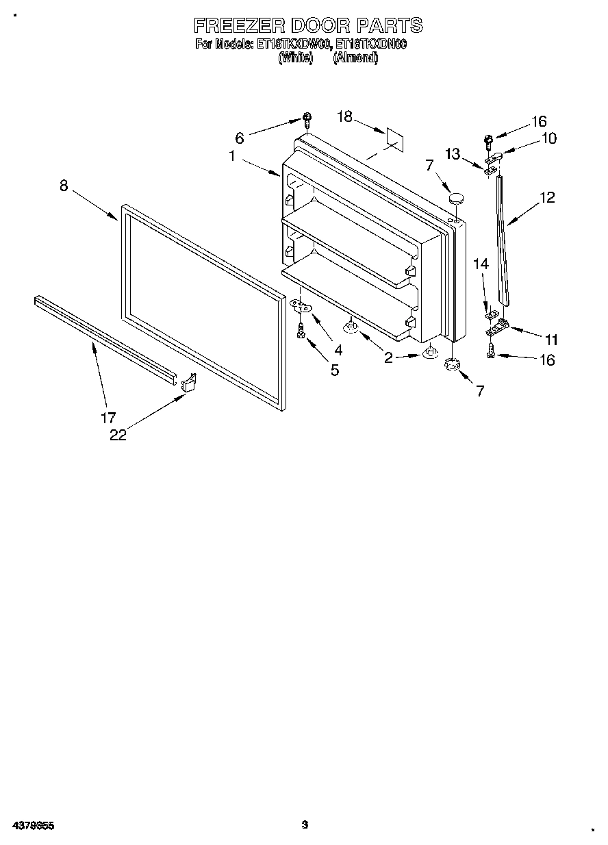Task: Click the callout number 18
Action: pyautogui.click(x=344, y=117)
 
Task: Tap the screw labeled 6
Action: pyautogui.click(x=307, y=121)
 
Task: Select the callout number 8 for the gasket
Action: pyautogui.click(x=64, y=185)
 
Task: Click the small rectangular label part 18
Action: pyautogui.click(x=394, y=138)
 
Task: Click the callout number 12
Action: pyautogui.click(x=546, y=197)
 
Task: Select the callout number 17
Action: pyautogui.click(x=109, y=417)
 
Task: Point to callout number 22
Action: pyautogui.click(x=118, y=435)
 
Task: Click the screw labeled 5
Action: pyautogui.click(x=301, y=333)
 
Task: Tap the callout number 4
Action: pyautogui.click(x=338, y=349)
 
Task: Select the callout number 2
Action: pyautogui.click(x=388, y=357)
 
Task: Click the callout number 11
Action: pyautogui.click(x=551, y=339)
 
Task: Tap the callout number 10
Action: pyautogui.click(x=548, y=138)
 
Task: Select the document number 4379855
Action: pyautogui.click(x=33, y=826)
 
